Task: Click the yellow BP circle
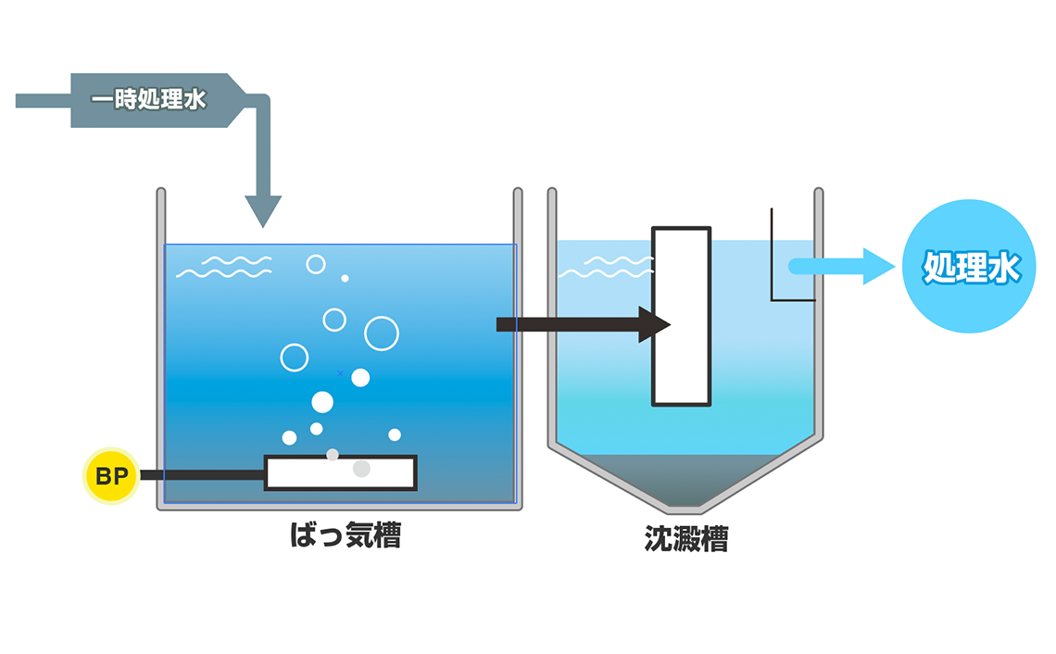pyautogui.click(x=110, y=476)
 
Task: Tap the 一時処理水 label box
pyautogui.click(x=148, y=100)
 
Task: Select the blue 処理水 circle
pyautogui.click(x=969, y=267)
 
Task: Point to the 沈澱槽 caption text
pyautogui.click(x=685, y=539)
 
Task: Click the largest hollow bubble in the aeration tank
pyautogui.click(x=382, y=333)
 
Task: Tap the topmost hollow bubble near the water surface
pyautogui.click(x=316, y=264)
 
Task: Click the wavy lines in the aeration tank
pyautogui.click(x=224, y=267)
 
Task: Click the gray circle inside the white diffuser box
pyautogui.click(x=361, y=469)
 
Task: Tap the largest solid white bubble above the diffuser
pyautogui.click(x=322, y=402)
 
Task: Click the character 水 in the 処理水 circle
pyautogui.click(x=1003, y=268)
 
